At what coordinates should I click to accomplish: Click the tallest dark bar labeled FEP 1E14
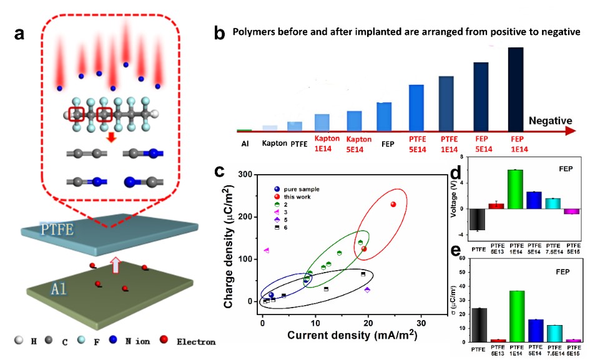click(x=516, y=87)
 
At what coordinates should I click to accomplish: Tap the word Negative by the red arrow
click(x=550, y=120)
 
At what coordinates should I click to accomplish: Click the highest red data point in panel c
click(x=393, y=204)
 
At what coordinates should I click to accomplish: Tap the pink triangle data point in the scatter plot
click(x=267, y=250)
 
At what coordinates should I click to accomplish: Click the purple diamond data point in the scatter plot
click(x=367, y=290)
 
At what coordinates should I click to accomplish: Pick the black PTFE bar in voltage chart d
click(x=479, y=220)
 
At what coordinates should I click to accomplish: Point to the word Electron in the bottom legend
click(x=197, y=342)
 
